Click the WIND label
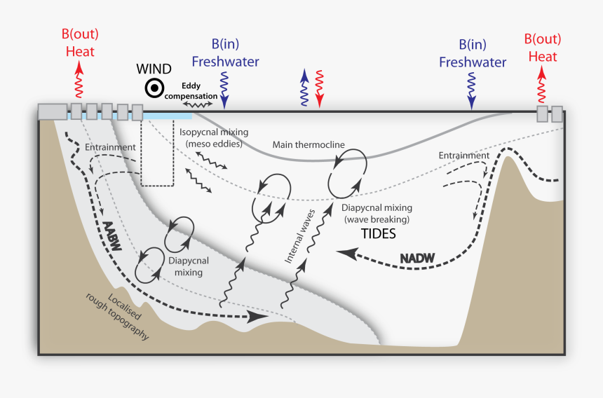pos(154,69)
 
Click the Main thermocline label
pos(309,145)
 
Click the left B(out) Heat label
pos(80,43)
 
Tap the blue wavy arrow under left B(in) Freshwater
pos(224,90)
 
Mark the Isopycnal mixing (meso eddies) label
pos(214,137)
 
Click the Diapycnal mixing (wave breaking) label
pos(377,214)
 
